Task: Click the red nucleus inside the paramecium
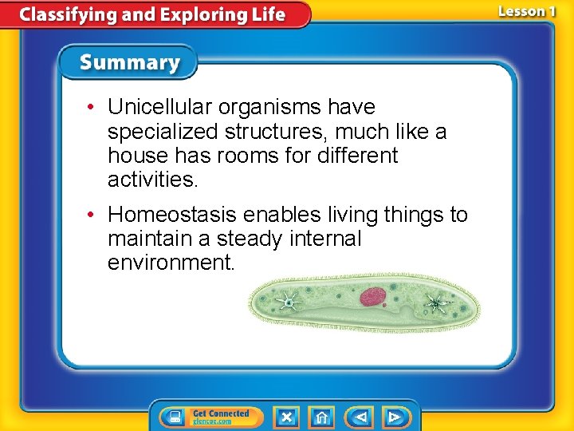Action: point(372,298)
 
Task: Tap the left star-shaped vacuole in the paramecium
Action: point(287,302)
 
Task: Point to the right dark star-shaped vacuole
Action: point(435,302)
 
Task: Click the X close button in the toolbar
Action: point(286,417)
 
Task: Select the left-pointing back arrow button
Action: point(360,417)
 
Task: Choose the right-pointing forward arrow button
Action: point(395,417)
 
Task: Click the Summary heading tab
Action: point(130,63)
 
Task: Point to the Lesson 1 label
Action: point(526,12)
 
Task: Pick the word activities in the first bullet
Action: point(151,180)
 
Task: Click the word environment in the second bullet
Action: point(171,263)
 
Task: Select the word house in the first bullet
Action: point(135,155)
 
